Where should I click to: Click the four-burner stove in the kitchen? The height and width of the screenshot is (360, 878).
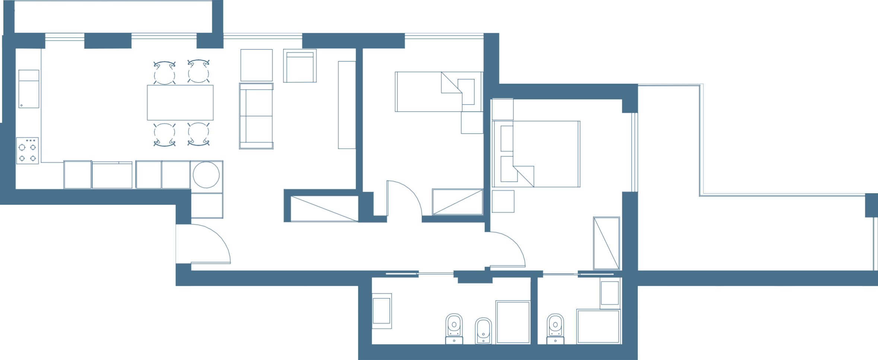click(28, 151)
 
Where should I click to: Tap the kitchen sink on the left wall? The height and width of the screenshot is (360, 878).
click(29, 89)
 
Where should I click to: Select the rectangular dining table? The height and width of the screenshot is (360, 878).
click(180, 103)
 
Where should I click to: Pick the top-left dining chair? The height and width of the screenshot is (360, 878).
click(164, 73)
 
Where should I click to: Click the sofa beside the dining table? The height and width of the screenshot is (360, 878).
click(256, 116)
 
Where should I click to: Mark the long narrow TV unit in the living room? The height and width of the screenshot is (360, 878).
click(346, 105)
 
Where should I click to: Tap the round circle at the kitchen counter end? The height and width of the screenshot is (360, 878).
click(206, 175)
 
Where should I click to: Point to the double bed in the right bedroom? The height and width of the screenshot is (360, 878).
click(536, 154)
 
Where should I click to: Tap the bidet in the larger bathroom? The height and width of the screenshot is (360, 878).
click(483, 331)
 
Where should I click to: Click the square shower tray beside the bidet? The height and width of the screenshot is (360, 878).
click(512, 322)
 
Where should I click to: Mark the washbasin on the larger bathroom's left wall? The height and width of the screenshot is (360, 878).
click(382, 311)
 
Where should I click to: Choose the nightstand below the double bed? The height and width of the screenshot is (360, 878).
click(503, 201)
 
